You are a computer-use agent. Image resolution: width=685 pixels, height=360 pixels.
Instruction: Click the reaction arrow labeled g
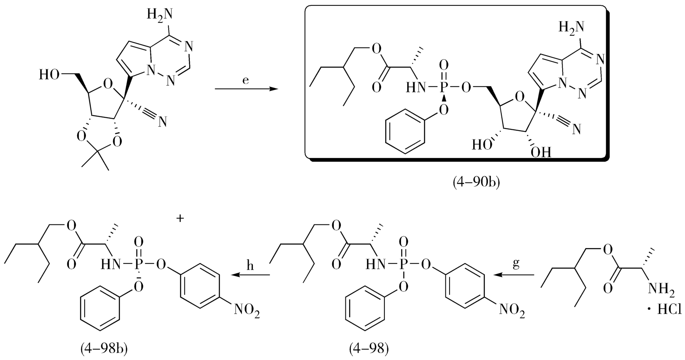[x=515, y=275]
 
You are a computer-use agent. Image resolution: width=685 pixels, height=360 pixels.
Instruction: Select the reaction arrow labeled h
[x=250, y=275]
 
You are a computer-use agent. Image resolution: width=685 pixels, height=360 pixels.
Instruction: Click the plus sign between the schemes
[x=180, y=219]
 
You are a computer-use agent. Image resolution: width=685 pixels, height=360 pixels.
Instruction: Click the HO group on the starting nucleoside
[x=50, y=75]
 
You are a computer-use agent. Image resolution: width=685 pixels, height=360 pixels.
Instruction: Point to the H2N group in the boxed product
[x=571, y=28]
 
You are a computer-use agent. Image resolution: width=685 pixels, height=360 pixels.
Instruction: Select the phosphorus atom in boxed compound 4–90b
[x=444, y=88]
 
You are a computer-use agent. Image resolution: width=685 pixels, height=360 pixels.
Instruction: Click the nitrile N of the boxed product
[x=577, y=131]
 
